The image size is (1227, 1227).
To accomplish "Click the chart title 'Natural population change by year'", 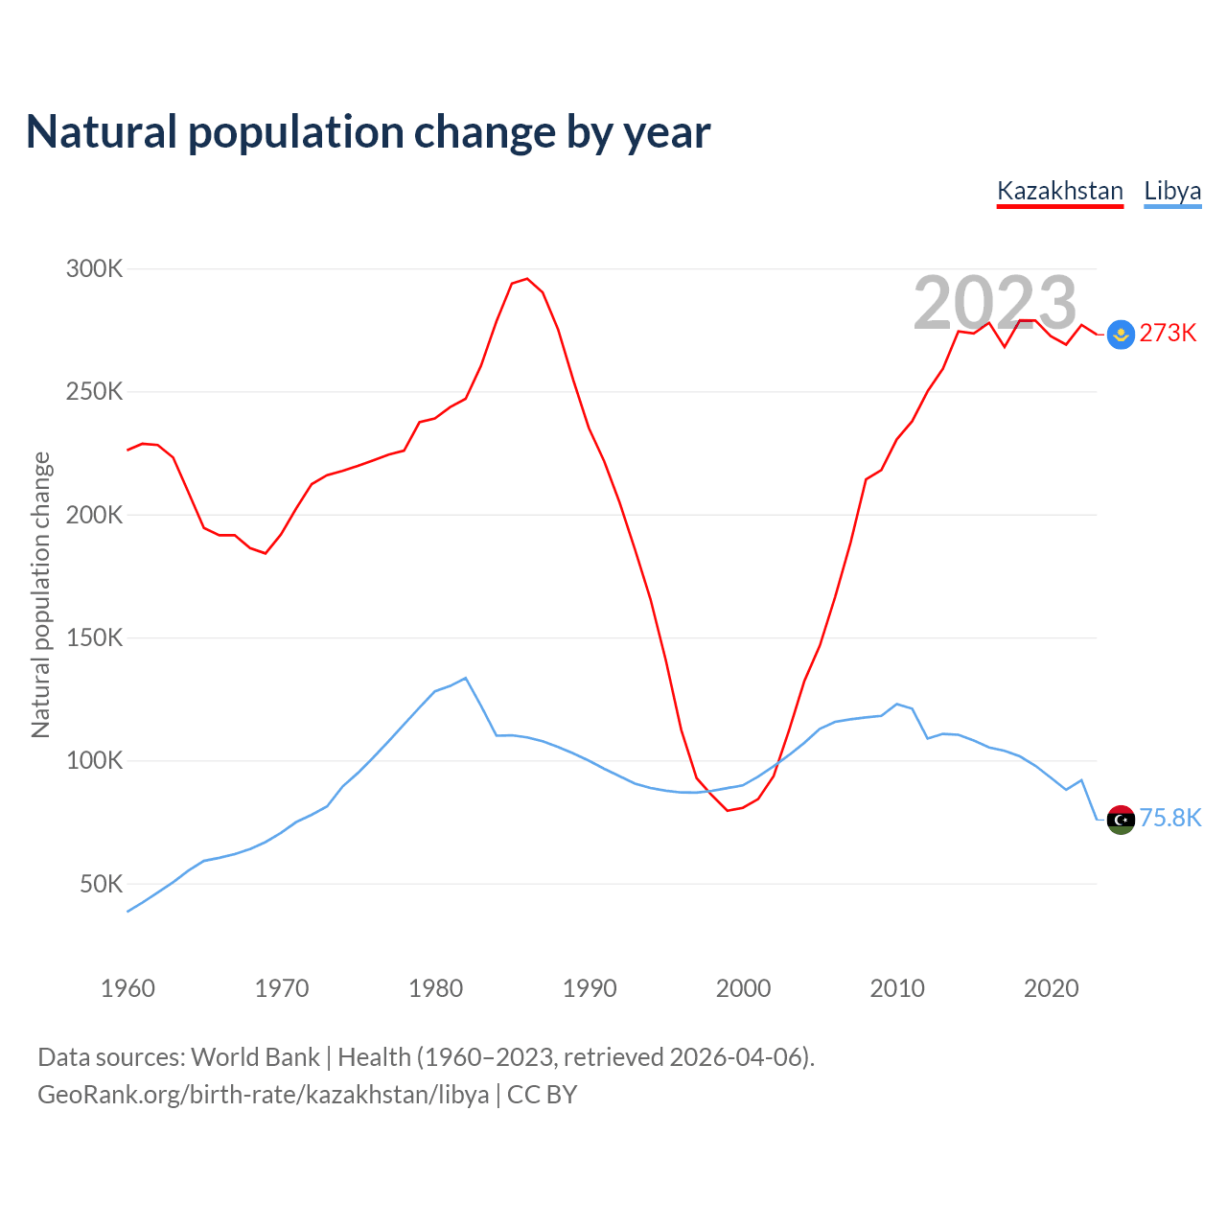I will click(x=368, y=132).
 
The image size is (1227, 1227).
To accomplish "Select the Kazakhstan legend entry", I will click(x=1059, y=191).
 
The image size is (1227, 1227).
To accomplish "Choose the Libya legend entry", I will click(x=1172, y=191).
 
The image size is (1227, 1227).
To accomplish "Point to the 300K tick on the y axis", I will click(x=95, y=269).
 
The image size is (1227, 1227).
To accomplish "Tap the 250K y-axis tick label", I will click(x=95, y=392).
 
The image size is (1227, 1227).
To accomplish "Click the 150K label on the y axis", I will click(x=95, y=638).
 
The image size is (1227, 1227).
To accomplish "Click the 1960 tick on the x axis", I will click(x=127, y=988).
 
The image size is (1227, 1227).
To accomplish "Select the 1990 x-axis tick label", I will click(x=590, y=988).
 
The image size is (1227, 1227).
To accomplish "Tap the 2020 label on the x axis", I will click(x=1052, y=988).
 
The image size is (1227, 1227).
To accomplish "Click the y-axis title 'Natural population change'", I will click(x=40, y=595).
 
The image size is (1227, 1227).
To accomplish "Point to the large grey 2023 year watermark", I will click(x=995, y=303).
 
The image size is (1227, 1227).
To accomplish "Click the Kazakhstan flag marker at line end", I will click(x=1121, y=335).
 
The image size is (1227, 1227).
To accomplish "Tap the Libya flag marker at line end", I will click(x=1121, y=820).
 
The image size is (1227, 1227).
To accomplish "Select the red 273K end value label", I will click(x=1168, y=334).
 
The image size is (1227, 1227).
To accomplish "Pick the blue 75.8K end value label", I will click(x=1169, y=819).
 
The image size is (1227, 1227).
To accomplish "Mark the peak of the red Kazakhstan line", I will click(x=526, y=279).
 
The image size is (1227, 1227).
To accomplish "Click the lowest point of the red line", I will click(x=728, y=811).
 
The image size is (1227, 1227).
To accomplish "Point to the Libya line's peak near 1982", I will click(x=466, y=679).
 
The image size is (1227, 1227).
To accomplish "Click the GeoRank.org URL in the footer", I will click(x=263, y=1095).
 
